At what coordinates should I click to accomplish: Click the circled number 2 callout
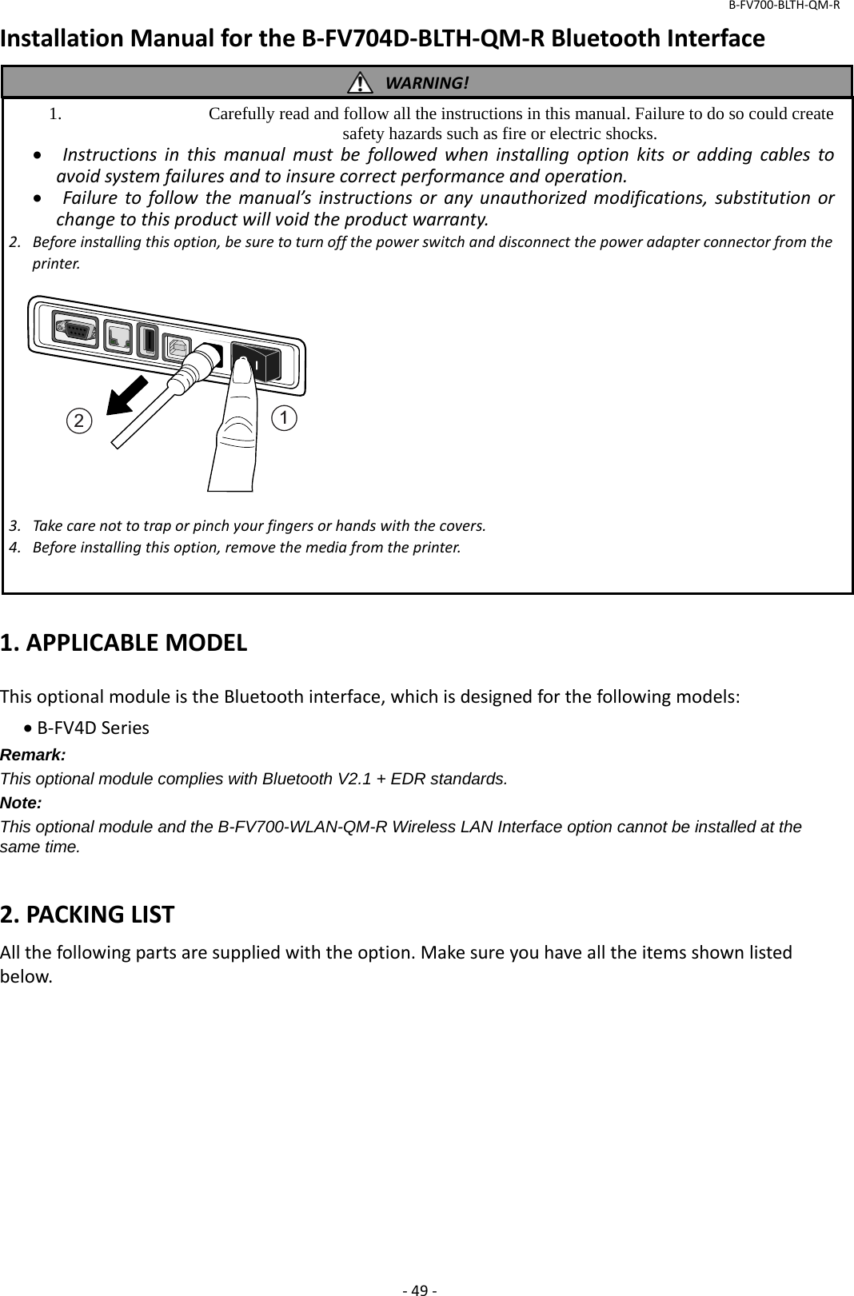coord(78,421)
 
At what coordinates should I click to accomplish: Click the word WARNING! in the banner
coord(427,83)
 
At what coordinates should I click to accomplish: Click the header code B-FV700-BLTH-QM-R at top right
coord(783,6)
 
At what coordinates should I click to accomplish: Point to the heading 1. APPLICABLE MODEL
coord(124,642)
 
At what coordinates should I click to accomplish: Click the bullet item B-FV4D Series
coord(92,728)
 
